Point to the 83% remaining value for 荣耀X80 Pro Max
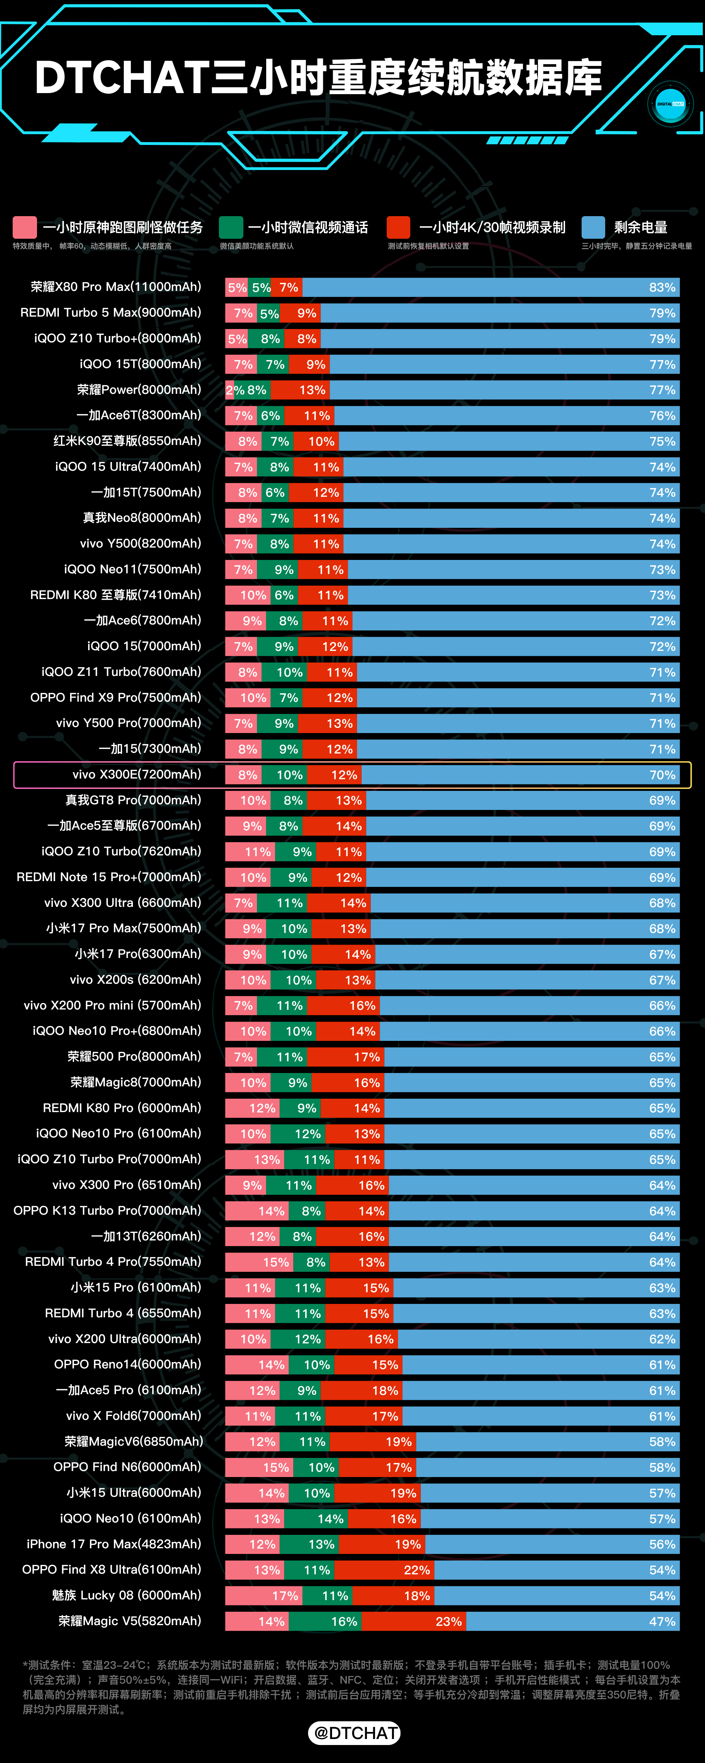click(662, 287)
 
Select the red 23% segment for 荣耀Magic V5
click(414, 1621)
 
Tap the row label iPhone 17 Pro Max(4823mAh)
click(114, 1544)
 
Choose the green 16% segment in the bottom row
click(325, 1621)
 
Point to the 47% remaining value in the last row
click(662, 1621)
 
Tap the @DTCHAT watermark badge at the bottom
click(355, 1733)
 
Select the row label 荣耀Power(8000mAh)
click(139, 389)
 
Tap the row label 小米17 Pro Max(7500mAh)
click(124, 928)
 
